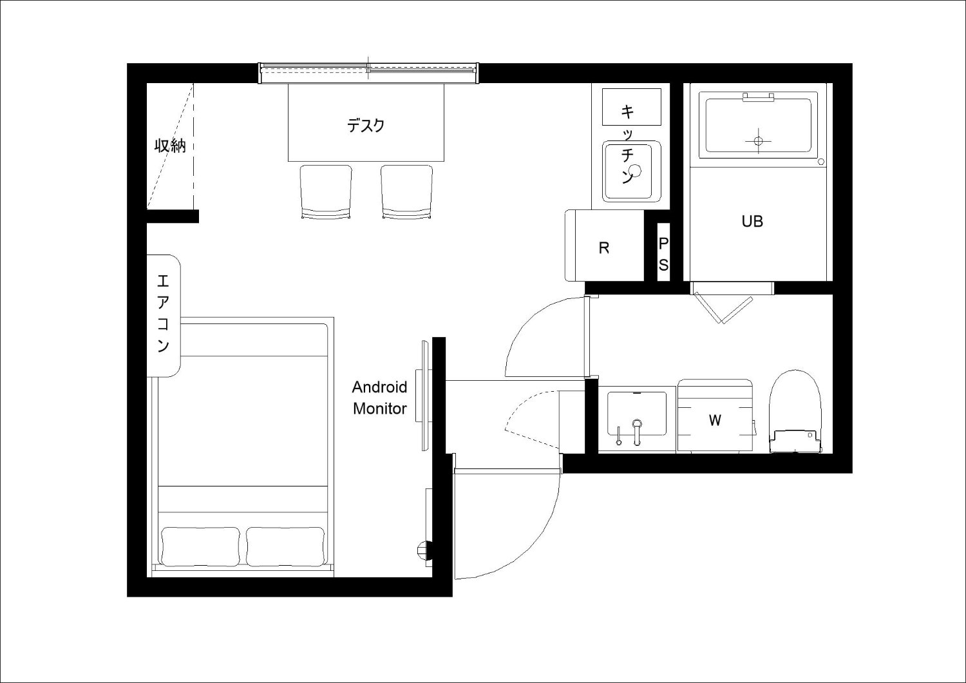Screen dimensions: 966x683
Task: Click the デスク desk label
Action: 366,126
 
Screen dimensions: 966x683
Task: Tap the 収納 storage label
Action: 171,146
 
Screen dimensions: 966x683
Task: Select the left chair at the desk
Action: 326,192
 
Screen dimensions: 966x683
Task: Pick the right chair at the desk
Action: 406,192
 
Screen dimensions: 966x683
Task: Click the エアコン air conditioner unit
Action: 164,315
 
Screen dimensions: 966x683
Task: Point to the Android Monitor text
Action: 379,398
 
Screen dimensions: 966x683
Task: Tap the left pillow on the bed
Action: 200,546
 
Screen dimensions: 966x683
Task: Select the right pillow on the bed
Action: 285,546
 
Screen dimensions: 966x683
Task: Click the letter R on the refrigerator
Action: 604,248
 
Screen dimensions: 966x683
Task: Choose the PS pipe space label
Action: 663,255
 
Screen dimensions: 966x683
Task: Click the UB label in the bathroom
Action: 752,222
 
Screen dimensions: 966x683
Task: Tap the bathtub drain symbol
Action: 759,140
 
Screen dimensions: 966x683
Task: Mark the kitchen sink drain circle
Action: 635,170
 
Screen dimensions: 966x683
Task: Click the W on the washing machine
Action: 715,420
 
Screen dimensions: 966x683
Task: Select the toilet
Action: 795,411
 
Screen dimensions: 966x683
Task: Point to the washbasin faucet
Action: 636,432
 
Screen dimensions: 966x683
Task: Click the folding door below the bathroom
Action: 723,302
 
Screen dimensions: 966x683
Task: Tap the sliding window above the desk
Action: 368,73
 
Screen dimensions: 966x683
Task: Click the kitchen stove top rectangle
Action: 631,106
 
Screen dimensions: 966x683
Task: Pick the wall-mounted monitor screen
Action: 425,396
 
